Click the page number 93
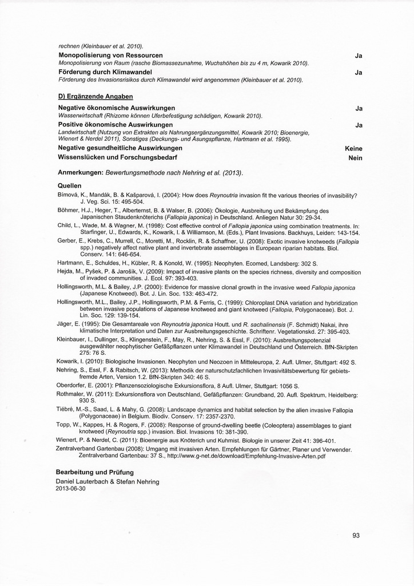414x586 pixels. [x=356, y=536]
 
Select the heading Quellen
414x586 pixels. [x=70, y=186]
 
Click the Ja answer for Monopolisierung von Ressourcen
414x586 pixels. [x=359, y=56]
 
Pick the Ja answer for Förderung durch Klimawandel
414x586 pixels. [x=359, y=73]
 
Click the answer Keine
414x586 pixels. [x=354, y=149]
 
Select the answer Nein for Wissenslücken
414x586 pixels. [x=356, y=157]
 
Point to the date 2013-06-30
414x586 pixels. [x=70, y=489]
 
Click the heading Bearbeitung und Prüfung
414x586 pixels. [x=94, y=472]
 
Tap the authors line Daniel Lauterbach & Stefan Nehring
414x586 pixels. [x=108, y=481]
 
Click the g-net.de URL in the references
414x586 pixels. [x=246, y=457]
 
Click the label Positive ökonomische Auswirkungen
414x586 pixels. [x=116, y=124]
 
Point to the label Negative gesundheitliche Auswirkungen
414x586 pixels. [x=120, y=148]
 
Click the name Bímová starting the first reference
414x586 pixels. [x=67, y=195]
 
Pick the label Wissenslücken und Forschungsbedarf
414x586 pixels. [x=117, y=157]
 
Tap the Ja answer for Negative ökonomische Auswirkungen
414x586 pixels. [x=359, y=108]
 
